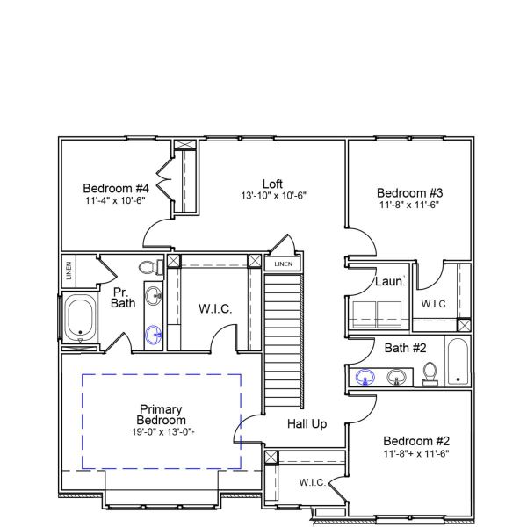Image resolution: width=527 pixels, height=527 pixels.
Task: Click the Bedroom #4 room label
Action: coord(116,188)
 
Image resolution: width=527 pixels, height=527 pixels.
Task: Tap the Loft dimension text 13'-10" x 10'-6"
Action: coord(273,195)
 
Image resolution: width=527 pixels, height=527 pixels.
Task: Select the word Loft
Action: coord(272,184)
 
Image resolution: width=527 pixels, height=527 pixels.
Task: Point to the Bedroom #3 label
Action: coord(409,192)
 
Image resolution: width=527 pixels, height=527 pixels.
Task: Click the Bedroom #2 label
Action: coord(417,441)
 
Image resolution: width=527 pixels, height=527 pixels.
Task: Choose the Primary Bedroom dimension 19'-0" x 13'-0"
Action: coord(160,431)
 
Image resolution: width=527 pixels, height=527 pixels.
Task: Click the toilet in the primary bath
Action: coord(148,267)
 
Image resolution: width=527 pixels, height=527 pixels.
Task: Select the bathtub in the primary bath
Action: coord(80,320)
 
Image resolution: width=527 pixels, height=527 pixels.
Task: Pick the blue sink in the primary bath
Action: coord(154,334)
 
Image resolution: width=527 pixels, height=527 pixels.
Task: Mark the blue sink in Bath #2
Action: coord(365,378)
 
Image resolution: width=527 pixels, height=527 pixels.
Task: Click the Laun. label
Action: coord(389,282)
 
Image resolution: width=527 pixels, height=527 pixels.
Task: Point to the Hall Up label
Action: coord(307,424)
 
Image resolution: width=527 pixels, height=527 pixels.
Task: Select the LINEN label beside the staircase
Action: coord(283,264)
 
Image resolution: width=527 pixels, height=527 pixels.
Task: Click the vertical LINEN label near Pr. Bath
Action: coord(69,271)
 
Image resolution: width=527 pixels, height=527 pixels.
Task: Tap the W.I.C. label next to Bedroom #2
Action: coord(313,482)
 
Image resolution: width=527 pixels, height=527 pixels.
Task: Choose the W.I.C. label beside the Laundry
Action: coord(435,304)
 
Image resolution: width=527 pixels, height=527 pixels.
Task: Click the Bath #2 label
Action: coord(405,348)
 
